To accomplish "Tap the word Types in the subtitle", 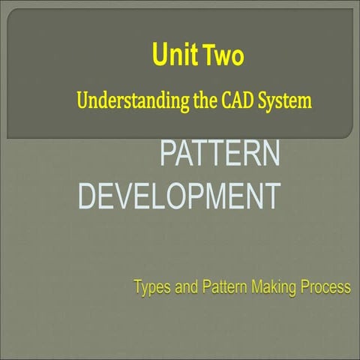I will point(151,287).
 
